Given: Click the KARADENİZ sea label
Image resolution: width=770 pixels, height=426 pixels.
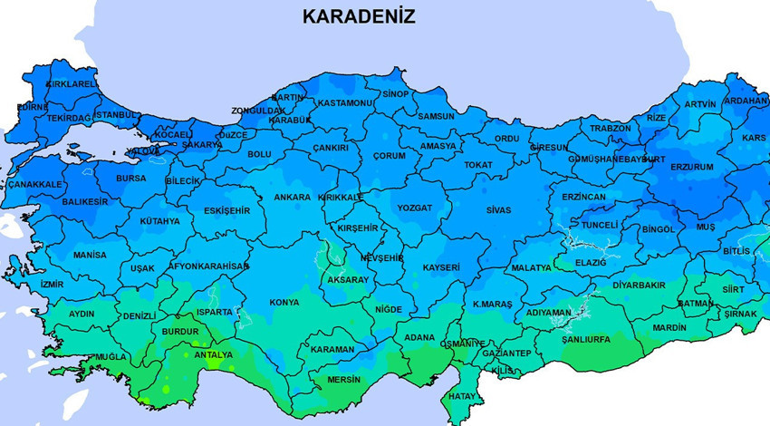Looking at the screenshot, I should (x=358, y=17).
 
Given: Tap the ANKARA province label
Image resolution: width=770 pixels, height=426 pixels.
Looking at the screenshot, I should (x=292, y=197).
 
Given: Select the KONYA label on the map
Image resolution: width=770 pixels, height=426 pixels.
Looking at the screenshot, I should (x=284, y=302).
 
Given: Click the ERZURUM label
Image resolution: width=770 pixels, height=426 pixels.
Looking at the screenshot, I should (x=692, y=167).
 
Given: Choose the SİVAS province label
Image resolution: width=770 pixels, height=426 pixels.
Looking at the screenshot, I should (x=498, y=209).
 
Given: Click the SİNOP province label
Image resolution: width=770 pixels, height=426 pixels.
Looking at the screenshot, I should (x=395, y=93).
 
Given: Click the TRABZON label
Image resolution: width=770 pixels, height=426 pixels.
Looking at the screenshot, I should (x=610, y=128).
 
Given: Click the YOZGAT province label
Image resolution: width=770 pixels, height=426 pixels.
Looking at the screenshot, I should (x=415, y=208).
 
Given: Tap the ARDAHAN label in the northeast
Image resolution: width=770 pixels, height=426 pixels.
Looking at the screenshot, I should (x=747, y=101).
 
